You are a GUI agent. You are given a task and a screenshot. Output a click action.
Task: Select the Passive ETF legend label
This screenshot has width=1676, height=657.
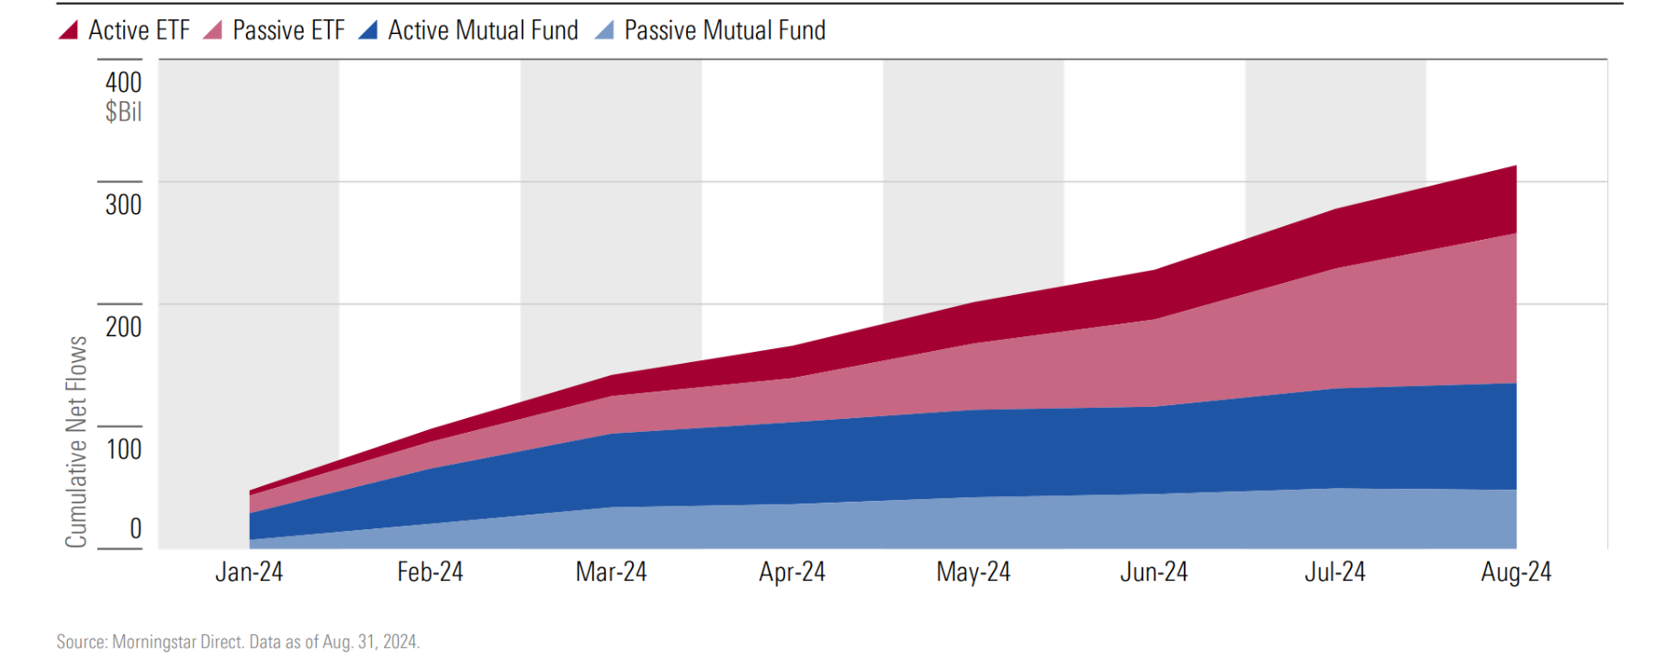tap(288, 30)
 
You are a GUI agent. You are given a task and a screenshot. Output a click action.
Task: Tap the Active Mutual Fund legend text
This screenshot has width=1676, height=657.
tap(483, 30)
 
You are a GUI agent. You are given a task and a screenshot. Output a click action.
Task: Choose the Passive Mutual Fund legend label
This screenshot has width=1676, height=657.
tap(725, 30)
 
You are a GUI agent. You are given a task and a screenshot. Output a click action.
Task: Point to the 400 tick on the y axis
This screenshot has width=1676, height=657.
tap(123, 83)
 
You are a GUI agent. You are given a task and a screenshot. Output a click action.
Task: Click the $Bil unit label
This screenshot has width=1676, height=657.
tap(123, 112)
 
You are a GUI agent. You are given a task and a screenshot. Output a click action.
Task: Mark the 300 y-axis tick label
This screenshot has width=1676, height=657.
tap(123, 204)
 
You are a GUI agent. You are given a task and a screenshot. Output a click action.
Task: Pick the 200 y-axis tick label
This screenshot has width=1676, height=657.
tap(123, 326)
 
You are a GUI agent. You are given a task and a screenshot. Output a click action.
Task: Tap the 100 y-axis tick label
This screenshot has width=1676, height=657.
tap(123, 449)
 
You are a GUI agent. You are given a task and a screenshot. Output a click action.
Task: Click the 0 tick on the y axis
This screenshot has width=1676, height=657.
tap(135, 528)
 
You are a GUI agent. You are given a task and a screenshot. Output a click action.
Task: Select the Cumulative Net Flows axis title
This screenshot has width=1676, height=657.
tap(76, 442)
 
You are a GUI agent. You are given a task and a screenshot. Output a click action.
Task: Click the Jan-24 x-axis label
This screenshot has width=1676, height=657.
tap(249, 572)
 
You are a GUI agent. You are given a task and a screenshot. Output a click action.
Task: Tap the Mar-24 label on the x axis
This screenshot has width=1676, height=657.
tap(611, 572)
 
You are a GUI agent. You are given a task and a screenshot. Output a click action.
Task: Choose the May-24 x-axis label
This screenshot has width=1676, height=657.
tap(973, 572)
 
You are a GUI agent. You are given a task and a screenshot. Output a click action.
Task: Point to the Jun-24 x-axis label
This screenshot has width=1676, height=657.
tap(1153, 572)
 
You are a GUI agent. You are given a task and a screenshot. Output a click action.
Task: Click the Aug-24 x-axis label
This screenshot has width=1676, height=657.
tap(1515, 572)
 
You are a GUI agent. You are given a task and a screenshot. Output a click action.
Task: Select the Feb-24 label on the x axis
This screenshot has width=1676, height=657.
tap(430, 572)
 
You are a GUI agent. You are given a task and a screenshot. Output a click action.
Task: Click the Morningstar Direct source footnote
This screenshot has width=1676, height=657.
tap(238, 641)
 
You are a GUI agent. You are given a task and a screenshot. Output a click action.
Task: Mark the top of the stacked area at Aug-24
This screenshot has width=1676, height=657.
tap(1514, 167)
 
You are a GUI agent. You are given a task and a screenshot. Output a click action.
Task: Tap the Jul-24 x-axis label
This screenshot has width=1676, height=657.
tap(1334, 572)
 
